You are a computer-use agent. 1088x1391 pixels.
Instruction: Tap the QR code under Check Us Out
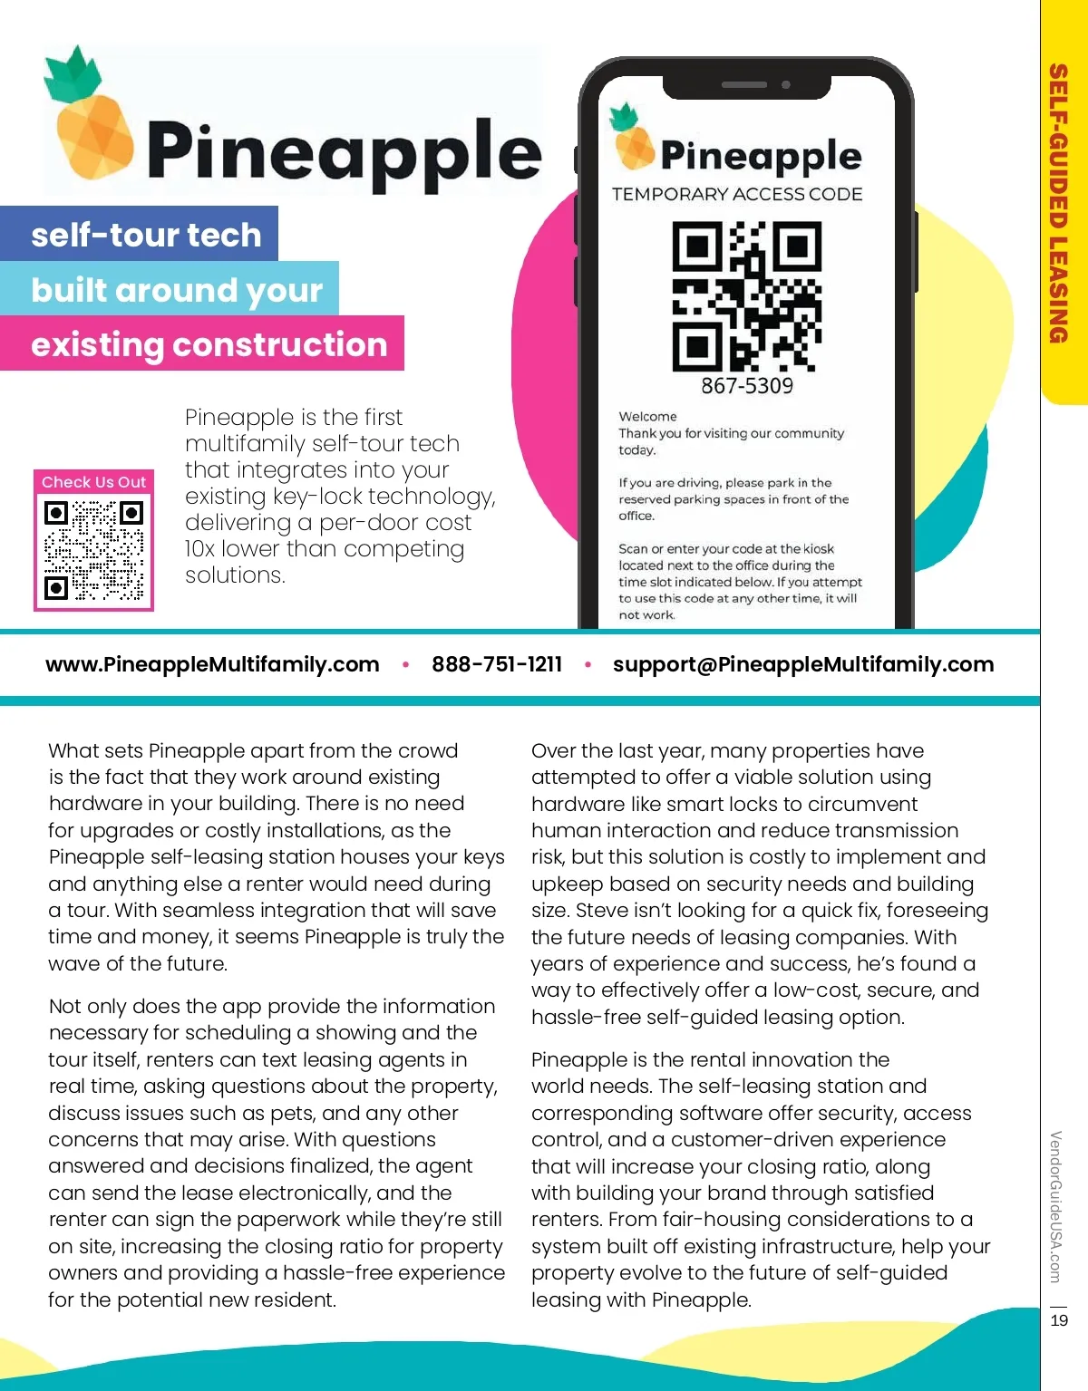(94, 551)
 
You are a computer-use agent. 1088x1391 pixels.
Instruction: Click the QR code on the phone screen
(746, 296)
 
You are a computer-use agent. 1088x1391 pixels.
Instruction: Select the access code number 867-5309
(746, 386)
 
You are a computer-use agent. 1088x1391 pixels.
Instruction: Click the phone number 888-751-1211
(497, 664)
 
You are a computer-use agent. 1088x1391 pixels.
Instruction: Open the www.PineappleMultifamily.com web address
(212, 664)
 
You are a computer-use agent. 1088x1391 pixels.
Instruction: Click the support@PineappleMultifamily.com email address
(803, 664)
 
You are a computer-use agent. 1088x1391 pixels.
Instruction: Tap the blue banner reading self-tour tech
(145, 235)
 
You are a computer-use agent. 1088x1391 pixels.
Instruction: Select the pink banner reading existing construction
(209, 344)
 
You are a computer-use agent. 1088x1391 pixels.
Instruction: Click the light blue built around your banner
(176, 290)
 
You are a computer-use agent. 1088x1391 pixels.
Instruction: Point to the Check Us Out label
(93, 482)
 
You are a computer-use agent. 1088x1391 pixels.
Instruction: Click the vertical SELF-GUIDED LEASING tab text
(1057, 203)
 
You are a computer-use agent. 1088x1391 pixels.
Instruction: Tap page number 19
(1059, 1320)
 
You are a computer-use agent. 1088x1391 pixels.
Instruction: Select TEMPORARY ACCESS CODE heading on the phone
(737, 194)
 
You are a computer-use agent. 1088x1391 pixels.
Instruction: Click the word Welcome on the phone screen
(647, 417)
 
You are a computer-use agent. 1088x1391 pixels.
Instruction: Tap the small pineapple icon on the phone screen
(632, 138)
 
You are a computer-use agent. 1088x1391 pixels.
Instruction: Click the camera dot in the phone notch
(786, 84)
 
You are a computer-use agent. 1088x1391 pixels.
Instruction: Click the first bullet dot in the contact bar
(405, 665)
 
